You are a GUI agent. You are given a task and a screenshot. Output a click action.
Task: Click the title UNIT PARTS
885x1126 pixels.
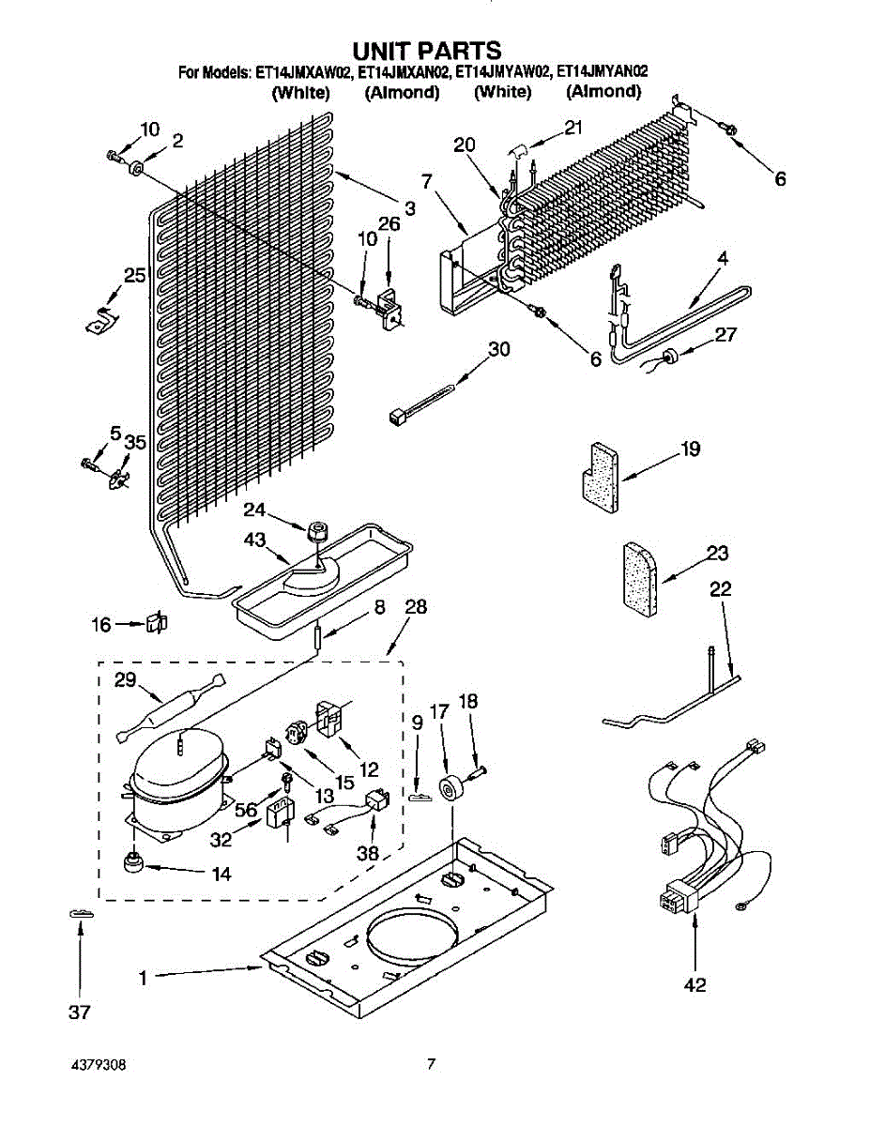tap(427, 50)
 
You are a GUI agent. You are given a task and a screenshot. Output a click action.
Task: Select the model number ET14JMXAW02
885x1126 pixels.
tap(304, 72)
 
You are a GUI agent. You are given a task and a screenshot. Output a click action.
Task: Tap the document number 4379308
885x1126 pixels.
tap(99, 1066)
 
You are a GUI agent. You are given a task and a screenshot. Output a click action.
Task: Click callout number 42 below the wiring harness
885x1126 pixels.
tap(695, 985)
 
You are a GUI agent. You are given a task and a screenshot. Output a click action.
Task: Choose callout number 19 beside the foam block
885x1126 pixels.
tap(692, 449)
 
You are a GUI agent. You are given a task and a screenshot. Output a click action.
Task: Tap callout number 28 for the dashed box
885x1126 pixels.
tap(416, 608)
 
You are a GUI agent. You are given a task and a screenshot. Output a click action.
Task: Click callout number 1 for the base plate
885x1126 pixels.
tap(144, 978)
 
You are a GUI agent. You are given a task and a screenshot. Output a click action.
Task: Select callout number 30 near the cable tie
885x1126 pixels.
tap(499, 349)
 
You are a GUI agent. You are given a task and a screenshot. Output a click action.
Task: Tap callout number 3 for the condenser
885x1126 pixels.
tap(410, 206)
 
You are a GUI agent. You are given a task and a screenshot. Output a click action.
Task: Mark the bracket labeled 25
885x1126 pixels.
tap(102, 317)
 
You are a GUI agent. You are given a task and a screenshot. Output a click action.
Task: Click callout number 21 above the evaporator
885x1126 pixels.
tap(573, 128)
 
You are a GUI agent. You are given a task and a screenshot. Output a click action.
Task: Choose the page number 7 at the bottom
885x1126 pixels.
tap(431, 1064)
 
